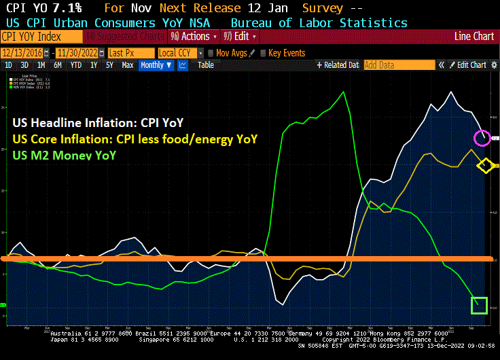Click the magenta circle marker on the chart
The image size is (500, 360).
(x=481, y=138)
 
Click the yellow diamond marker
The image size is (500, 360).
(x=485, y=165)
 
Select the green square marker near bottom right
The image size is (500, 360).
(x=479, y=306)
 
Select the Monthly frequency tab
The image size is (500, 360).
(x=156, y=65)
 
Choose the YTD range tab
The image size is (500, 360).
(x=75, y=65)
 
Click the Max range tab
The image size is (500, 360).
(x=127, y=65)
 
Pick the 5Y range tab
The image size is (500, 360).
(x=110, y=65)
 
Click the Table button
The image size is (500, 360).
(x=205, y=65)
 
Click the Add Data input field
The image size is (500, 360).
(x=399, y=65)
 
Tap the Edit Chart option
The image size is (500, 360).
(x=471, y=65)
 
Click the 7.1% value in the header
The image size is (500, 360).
(x=68, y=8)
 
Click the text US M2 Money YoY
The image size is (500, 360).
(x=65, y=155)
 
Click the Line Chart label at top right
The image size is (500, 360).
(x=474, y=37)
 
